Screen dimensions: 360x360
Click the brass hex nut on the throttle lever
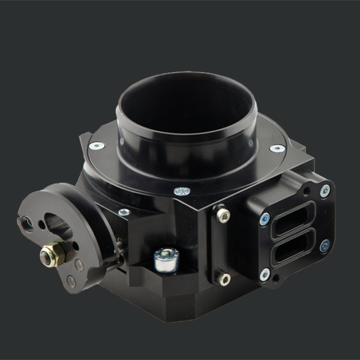[52, 254]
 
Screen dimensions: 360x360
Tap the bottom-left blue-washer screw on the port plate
[265, 274]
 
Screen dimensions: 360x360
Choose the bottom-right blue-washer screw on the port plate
[325, 245]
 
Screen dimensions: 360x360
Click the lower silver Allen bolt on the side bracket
[223, 278]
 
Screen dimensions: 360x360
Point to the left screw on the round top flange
[96, 146]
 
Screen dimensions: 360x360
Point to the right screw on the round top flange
[277, 148]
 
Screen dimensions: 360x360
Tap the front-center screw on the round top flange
[182, 191]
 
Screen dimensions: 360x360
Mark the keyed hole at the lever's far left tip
[28, 224]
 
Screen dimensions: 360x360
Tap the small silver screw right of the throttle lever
[124, 212]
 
